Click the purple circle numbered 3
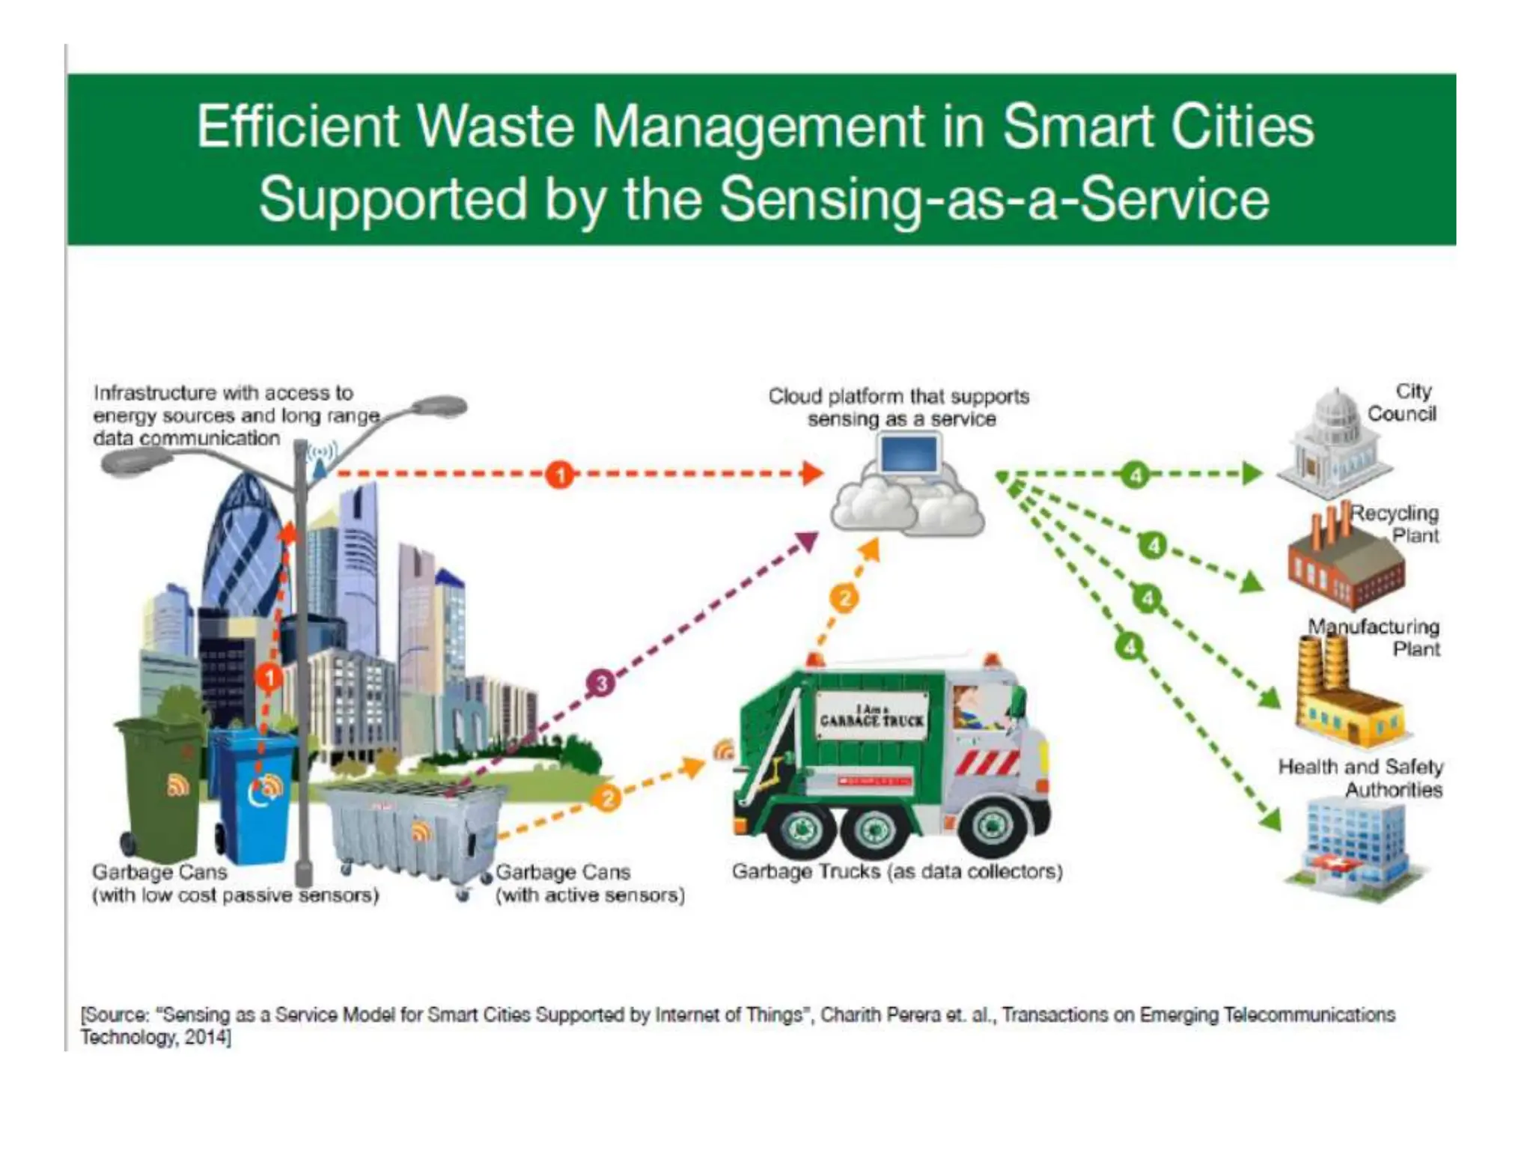pos(601,683)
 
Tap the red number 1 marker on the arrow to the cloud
pos(559,474)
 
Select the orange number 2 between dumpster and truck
pos(607,798)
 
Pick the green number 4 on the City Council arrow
pos(1136,475)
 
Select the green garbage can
pos(159,786)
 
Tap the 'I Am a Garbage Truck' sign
pos(871,716)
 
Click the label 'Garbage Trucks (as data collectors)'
pos(897,871)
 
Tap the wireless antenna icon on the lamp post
pos(321,457)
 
